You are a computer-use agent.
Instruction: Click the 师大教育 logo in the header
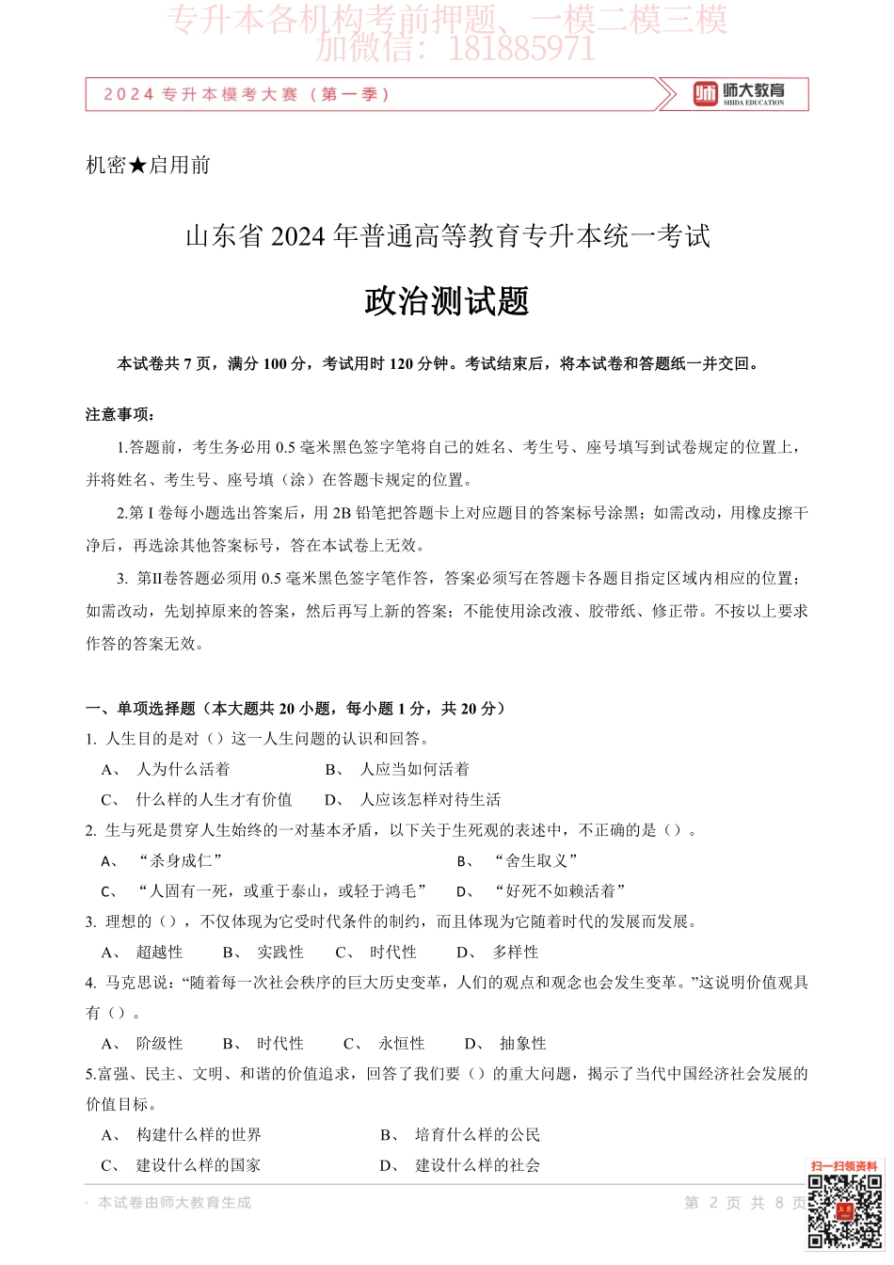click(739, 94)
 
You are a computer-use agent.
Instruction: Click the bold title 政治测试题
click(447, 301)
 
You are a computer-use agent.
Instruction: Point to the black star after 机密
click(137, 166)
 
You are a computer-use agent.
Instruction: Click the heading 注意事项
click(120, 414)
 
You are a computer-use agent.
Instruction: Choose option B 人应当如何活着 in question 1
click(414, 769)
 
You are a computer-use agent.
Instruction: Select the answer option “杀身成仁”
click(180, 860)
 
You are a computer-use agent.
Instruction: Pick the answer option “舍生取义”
click(535, 860)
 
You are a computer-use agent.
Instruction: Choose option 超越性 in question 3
click(159, 952)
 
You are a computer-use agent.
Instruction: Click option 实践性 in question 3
click(280, 952)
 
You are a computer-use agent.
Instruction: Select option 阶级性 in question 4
click(159, 1043)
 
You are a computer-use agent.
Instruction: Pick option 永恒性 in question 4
click(402, 1043)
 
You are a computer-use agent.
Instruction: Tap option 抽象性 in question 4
click(522, 1043)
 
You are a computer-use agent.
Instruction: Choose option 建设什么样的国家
click(199, 1165)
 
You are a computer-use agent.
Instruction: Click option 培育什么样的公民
click(477, 1135)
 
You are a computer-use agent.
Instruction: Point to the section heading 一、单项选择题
click(140, 709)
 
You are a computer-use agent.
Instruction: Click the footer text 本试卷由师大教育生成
click(174, 1203)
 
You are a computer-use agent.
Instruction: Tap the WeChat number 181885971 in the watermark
click(521, 48)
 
